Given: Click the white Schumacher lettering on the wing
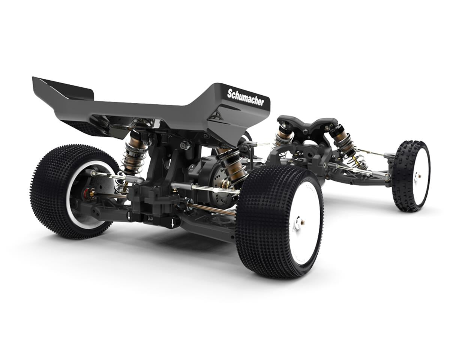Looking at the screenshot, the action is (x=246, y=97).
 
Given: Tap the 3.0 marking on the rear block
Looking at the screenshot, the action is (x=150, y=219).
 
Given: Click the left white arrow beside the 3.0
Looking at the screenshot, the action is (x=129, y=217).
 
